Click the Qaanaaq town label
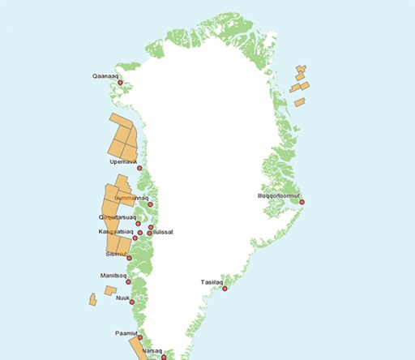106,77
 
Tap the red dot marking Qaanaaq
120,82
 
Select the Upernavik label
123,161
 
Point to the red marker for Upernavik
139,168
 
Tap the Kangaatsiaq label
116,232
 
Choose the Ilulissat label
163,232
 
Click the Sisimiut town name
117,254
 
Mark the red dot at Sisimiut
130,258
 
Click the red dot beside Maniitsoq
139,281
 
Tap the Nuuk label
123,298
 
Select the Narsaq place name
152,350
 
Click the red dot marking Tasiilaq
225,287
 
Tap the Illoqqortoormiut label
278,195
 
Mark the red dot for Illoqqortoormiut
301,201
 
